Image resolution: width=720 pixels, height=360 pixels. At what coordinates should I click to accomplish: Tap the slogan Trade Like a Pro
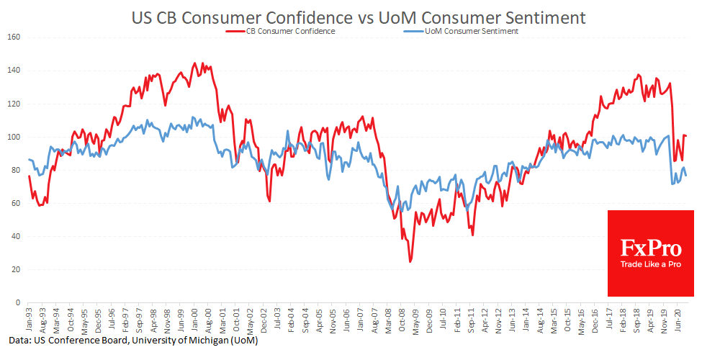point(650,265)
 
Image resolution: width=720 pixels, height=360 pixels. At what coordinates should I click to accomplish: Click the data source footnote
point(134,341)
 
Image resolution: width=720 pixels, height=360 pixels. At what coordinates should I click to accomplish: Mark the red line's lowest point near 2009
point(410,261)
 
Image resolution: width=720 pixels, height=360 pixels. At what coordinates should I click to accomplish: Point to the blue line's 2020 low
point(672,184)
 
